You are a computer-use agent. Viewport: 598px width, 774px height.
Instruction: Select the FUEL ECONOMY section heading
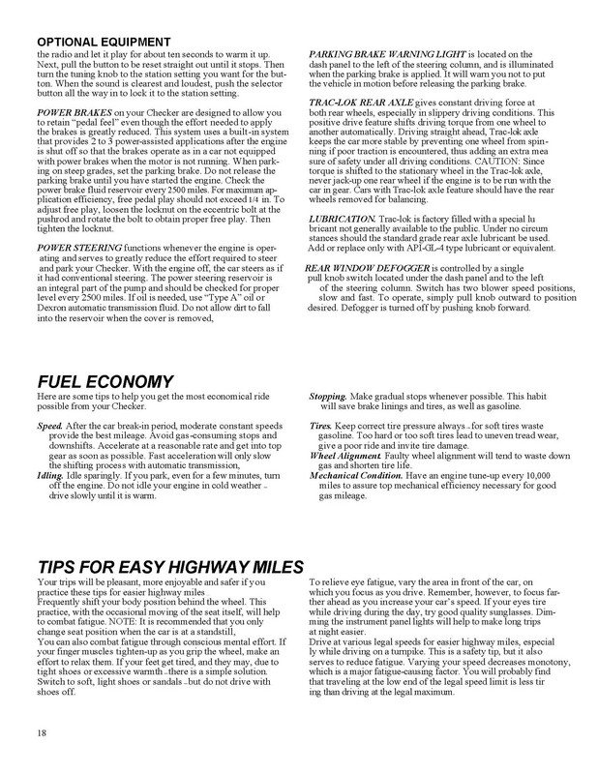[x=106, y=380]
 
